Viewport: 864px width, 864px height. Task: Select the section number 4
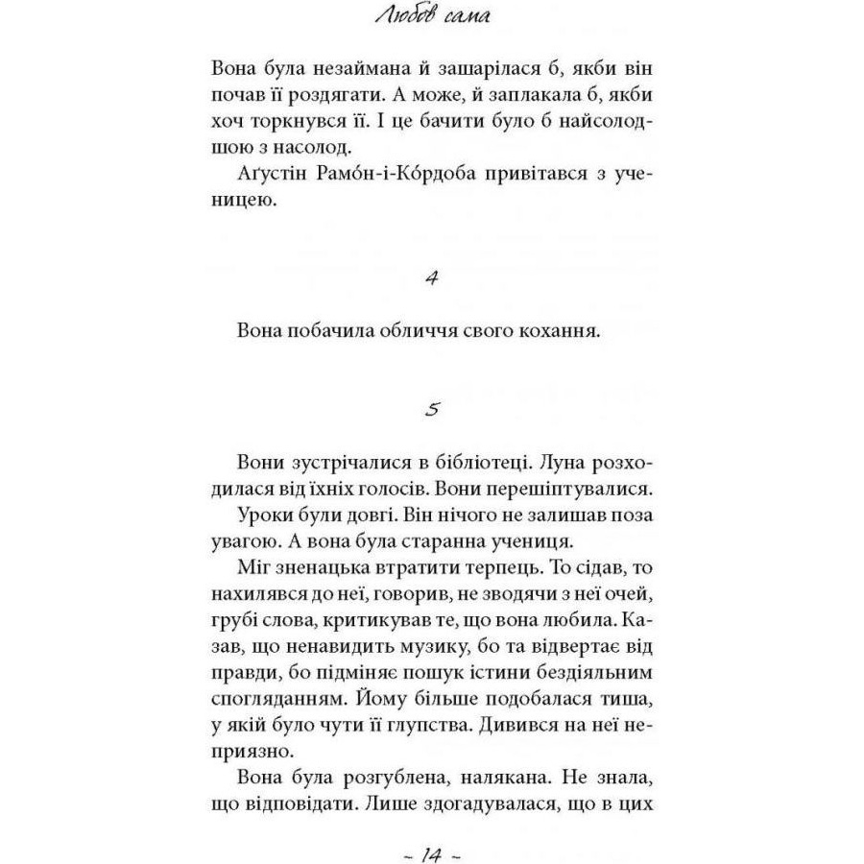click(x=431, y=278)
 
